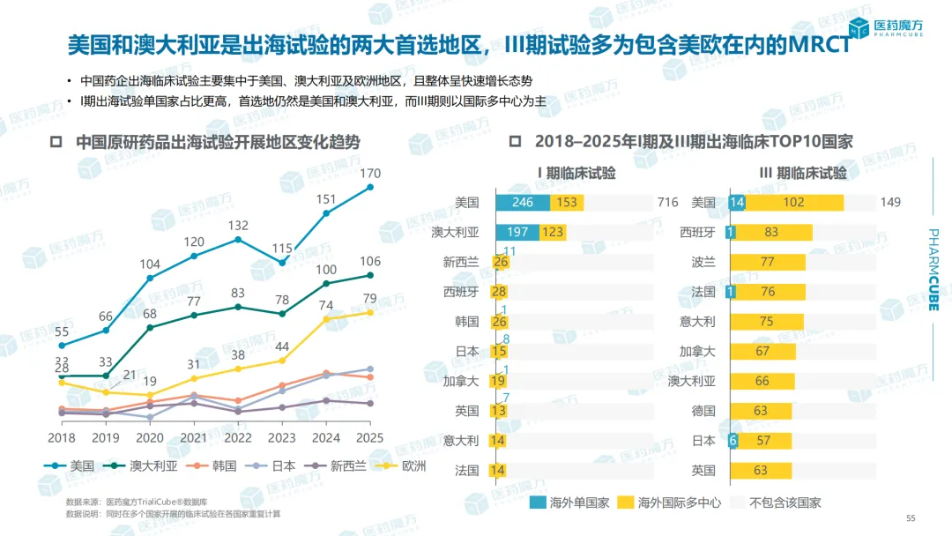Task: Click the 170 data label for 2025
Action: pyautogui.click(x=370, y=173)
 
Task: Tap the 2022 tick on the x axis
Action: pyautogui.click(x=238, y=437)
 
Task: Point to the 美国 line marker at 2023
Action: pyautogui.click(x=282, y=262)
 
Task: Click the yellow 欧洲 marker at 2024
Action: pyautogui.click(x=326, y=318)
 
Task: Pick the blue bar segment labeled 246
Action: pyautogui.click(x=523, y=203)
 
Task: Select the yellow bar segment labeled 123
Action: pyautogui.click(x=554, y=233)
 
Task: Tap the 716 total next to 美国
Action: pyautogui.click(x=667, y=203)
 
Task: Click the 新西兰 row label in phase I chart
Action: pyautogui.click(x=461, y=263)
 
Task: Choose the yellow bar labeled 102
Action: pyautogui.click(x=794, y=203)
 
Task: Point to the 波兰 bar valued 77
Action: pyautogui.click(x=767, y=263)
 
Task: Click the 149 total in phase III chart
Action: pyautogui.click(x=890, y=203)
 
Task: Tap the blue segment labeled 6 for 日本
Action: pyautogui.click(x=733, y=441)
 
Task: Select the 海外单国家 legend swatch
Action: pyautogui.click(x=538, y=502)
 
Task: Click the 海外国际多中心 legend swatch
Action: pyautogui.click(x=626, y=502)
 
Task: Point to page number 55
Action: pyautogui.click(x=912, y=518)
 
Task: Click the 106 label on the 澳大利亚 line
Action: pyautogui.click(x=370, y=261)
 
